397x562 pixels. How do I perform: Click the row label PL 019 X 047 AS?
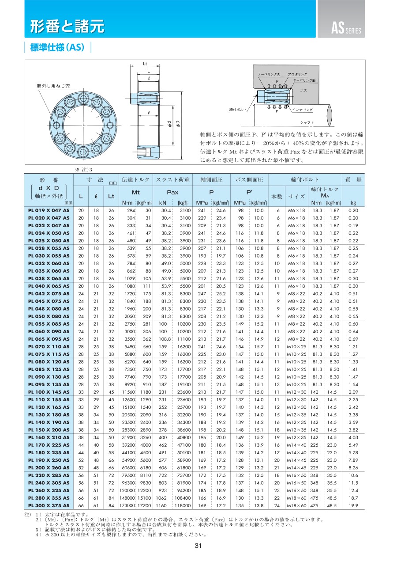point(49,210)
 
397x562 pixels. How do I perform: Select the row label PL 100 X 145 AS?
point(49,392)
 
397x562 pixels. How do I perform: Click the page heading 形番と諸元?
point(67,27)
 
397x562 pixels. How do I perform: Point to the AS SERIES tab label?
point(346,30)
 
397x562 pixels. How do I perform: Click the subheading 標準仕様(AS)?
point(57,48)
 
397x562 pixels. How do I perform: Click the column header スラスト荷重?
point(173,180)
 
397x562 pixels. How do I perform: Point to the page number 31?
point(198,546)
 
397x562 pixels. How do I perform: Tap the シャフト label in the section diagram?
point(307,122)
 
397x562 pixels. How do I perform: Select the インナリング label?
point(303,109)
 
